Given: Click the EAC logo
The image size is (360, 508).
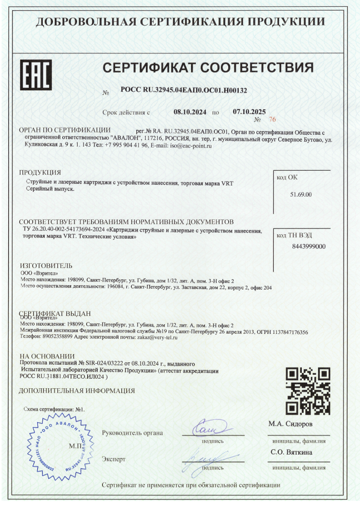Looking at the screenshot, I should [36, 75].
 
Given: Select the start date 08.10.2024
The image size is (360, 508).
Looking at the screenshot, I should [190, 112].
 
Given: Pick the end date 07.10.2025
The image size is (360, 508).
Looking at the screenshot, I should [249, 112].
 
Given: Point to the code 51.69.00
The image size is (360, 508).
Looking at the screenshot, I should [301, 194].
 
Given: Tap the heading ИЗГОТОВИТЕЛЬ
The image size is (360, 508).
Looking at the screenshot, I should [46, 266].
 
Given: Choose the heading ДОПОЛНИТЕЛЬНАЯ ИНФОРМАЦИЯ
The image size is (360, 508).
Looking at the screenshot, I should [77, 391].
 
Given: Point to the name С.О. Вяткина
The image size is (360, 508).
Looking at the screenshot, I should [292, 453].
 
